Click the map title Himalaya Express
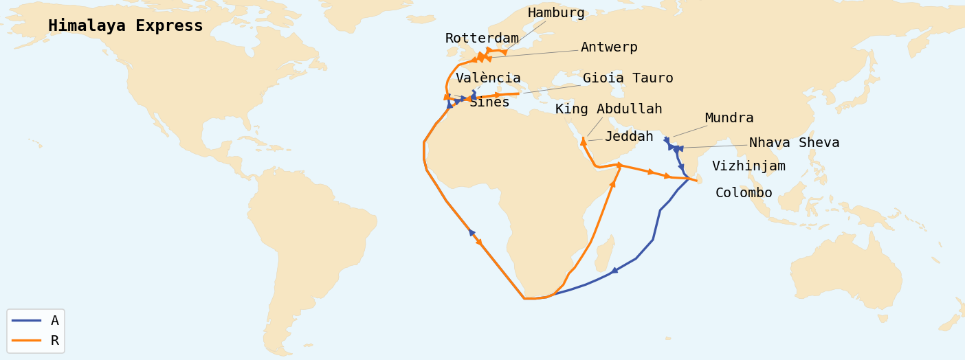coord(126,26)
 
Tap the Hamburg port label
coord(556,13)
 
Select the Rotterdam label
coord(482,38)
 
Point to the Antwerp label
coord(609,47)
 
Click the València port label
coord(488,78)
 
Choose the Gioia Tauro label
coord(628,78)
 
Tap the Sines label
coord(489,102)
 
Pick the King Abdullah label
coord(608,109)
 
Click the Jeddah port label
coord(629,137)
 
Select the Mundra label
coord(729,118)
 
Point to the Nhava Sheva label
coord(794,143)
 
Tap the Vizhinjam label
coord(748,166)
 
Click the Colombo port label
coord(744,193)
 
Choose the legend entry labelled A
coord(55,321)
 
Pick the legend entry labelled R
coord(55,341)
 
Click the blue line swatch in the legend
coord(26,321)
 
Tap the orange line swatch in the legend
coord(26,341)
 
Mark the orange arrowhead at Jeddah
coord(584,142)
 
